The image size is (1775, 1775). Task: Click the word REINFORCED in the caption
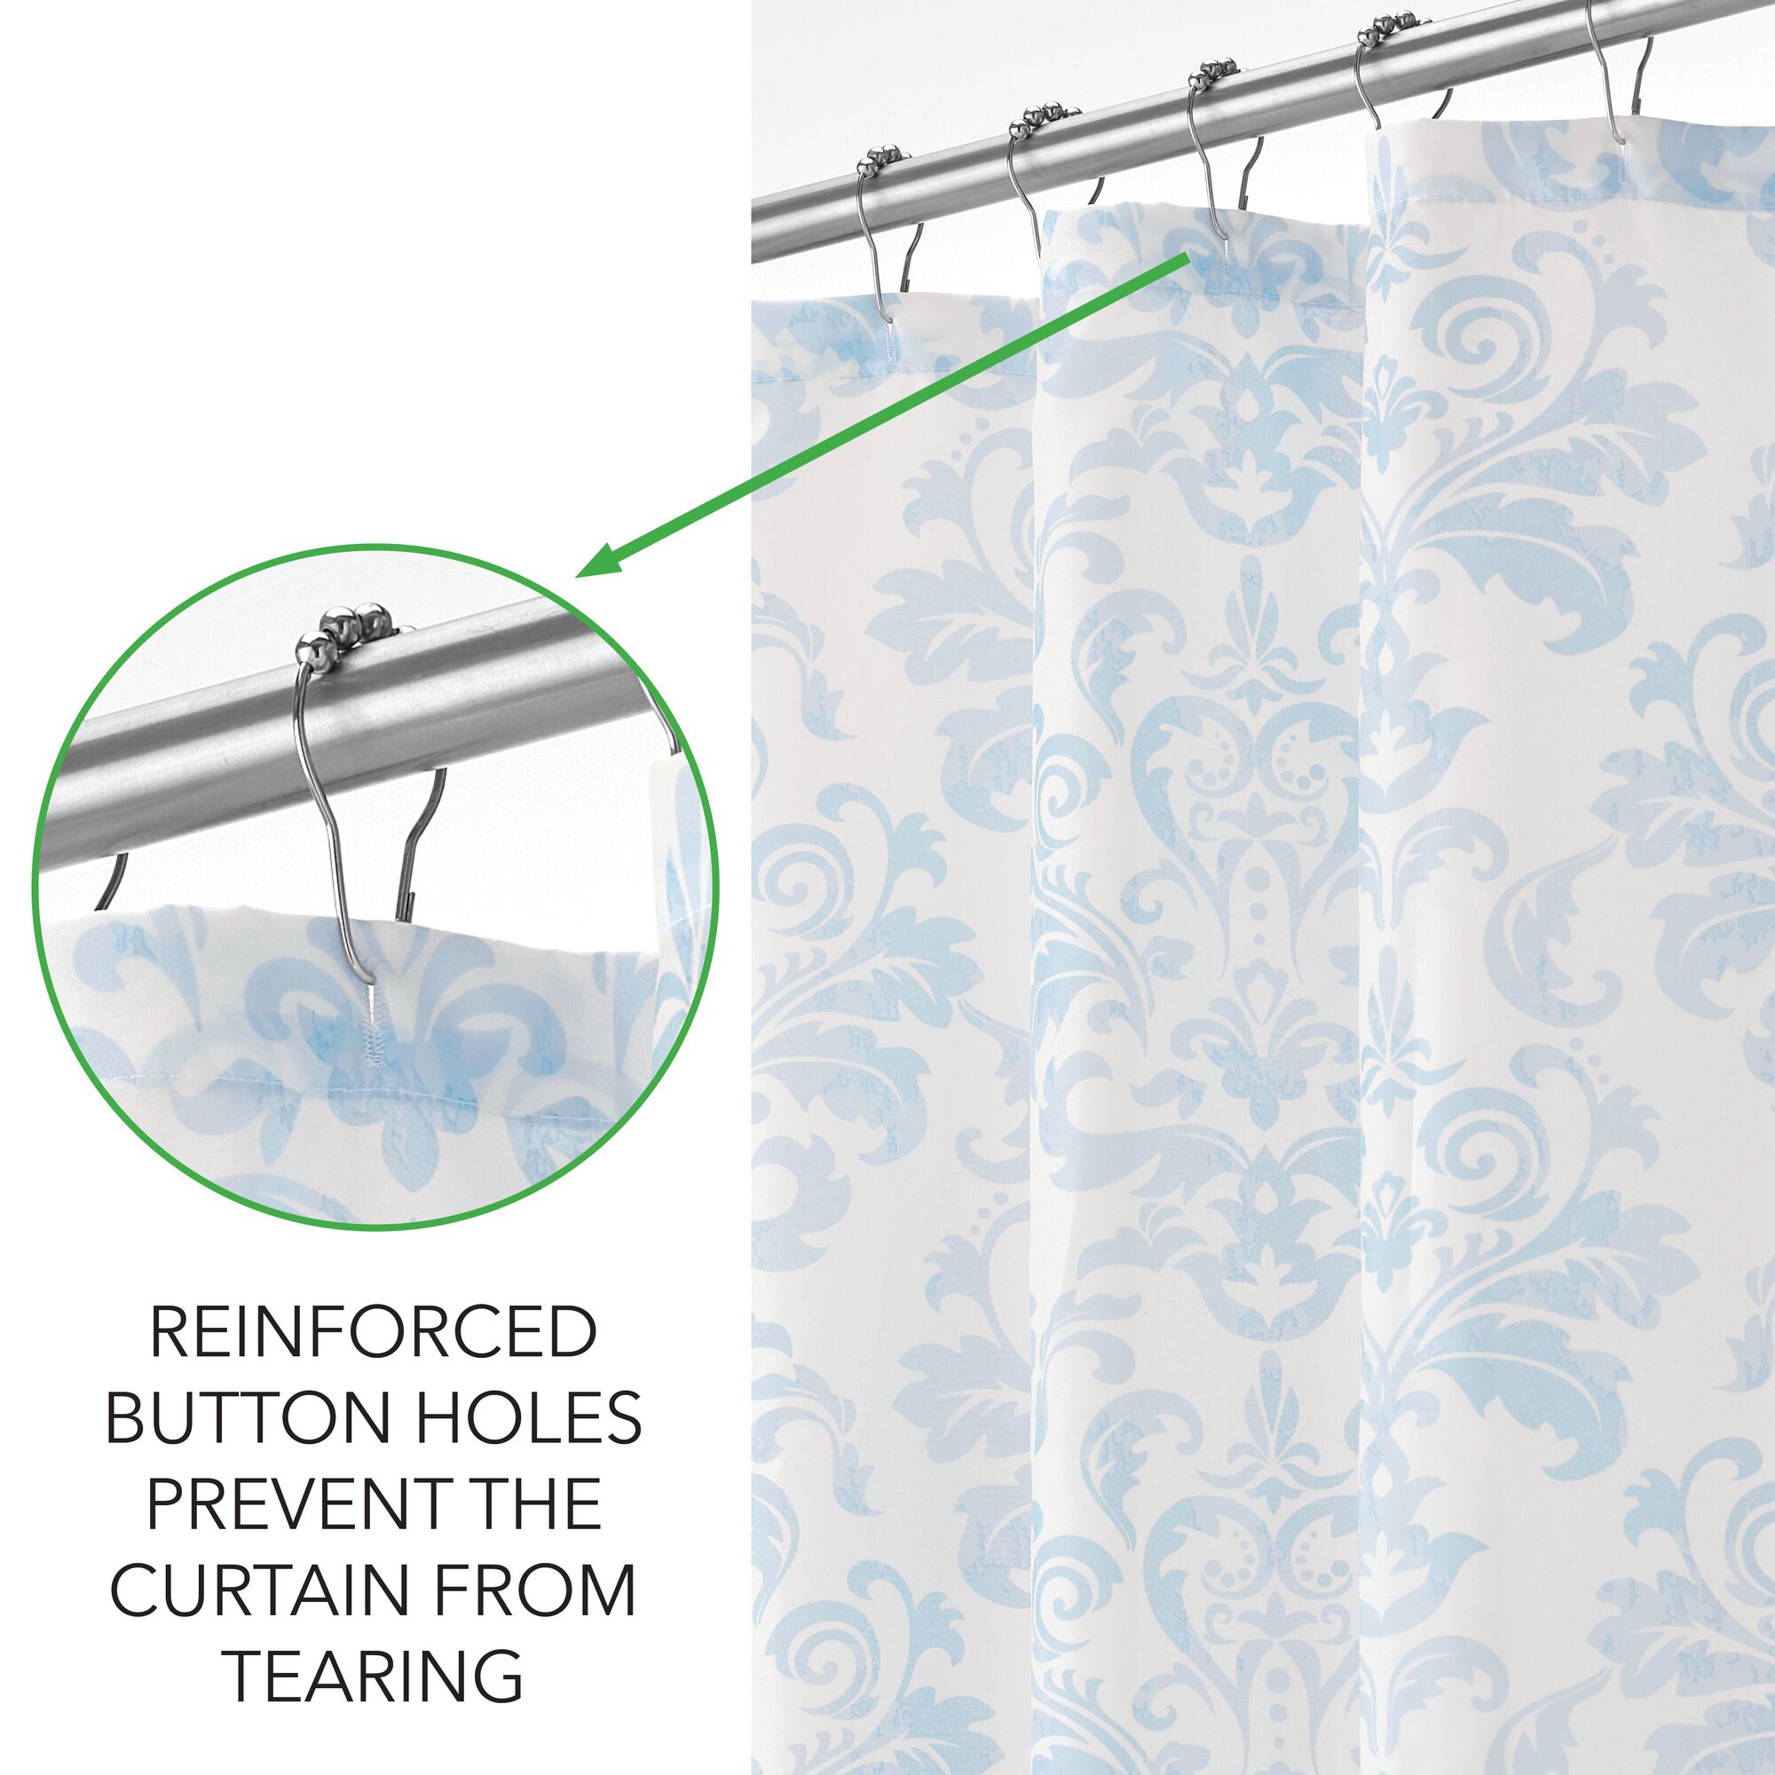[x=373, y=1333]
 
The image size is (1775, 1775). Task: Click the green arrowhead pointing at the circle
[x=606, y=557]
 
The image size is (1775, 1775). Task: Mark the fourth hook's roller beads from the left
[x=1391, y=26]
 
